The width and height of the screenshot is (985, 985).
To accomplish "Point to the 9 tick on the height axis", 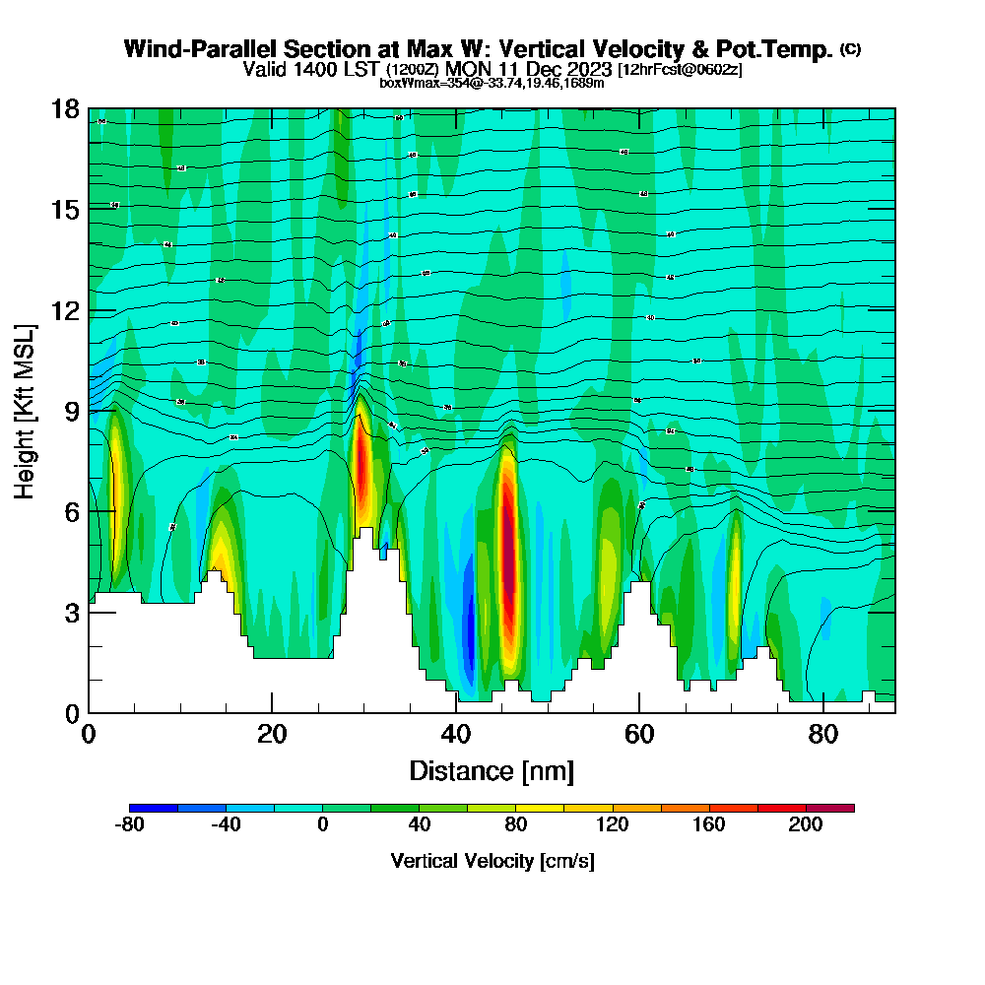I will [x=89, y=411].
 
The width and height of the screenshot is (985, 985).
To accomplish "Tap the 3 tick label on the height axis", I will [x=71, y=613].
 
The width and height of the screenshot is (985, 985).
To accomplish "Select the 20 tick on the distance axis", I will [x=272, y=712].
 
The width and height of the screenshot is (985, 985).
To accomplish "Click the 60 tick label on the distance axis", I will [x=639, y=734].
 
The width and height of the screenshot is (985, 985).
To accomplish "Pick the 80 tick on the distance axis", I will [x=822, y=712].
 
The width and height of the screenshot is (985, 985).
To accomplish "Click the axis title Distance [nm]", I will [x=492, y=770].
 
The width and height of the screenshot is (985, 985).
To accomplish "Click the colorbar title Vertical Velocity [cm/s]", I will [x=492, y=861].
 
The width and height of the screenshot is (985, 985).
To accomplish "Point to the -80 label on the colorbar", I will [x=130, y=825].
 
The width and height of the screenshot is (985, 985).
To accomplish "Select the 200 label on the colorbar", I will [x=806, y=825].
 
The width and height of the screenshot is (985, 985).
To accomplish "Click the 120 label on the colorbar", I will [x=613, y=825].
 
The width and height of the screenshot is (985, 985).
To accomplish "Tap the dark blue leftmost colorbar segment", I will [x=154, y=808].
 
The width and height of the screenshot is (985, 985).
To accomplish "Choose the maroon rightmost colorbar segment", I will [x=830, y=808].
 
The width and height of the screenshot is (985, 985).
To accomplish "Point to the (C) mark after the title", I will [x=851, y=49].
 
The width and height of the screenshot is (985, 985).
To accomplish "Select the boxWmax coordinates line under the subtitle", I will [x=492, y=83].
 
